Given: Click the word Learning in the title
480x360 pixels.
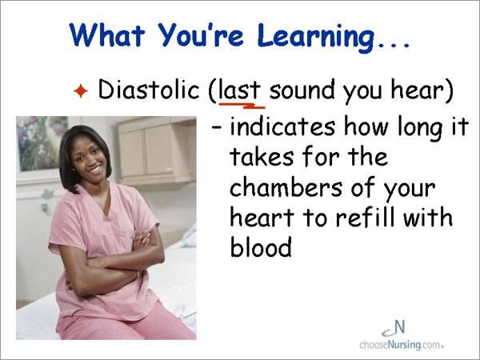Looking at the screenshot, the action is [x=316, y=37].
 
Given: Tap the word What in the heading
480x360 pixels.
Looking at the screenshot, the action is [x=107, y=34].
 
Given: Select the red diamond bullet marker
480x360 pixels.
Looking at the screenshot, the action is [x=81, y=90].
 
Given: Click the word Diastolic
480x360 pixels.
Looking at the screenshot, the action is [x=149, y=90].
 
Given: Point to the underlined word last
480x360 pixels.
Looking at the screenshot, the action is [x=240, y=90].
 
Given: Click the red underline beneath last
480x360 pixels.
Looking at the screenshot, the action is [x=242, y=106].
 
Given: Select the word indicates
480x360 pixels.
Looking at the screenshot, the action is [x=282, y=126].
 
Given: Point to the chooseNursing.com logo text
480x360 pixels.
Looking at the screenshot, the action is [x=402, y=345].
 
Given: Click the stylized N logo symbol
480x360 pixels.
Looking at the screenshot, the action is [x=394, y=328].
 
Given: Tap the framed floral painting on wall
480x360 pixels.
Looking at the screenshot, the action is [x=42, y=143].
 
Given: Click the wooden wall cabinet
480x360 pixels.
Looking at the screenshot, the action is [x=157, y=151].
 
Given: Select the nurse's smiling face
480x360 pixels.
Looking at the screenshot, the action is [x=89, y=158].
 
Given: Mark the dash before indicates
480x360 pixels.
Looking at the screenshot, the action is [x=217, y=126].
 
